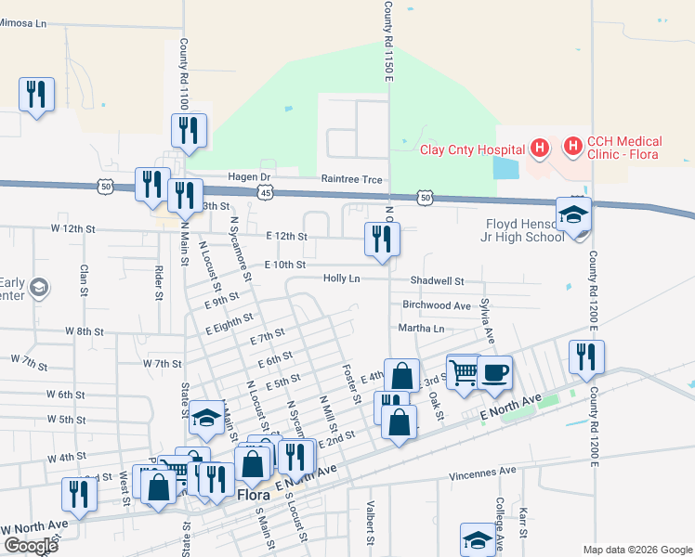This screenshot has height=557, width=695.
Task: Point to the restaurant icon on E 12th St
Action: click(x=383, y=240)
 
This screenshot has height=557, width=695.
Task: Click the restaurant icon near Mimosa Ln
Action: click(x=37, y=95)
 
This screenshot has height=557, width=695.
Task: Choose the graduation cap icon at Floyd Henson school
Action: click(x=573, y=214)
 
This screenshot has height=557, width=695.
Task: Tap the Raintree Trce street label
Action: click(x=351, y=178)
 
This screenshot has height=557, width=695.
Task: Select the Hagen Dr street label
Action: click(x=251, y=176)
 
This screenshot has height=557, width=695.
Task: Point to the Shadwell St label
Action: click(x=437, y=280)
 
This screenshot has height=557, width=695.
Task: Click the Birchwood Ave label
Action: click(x=437, y=304)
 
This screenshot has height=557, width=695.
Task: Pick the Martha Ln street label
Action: click(x=422, y=329)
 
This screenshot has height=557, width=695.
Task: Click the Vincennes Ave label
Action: click(x=482, y=471)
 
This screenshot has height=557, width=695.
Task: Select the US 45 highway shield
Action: click(x=267, y=192)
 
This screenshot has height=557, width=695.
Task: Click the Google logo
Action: click(x=31, y=546)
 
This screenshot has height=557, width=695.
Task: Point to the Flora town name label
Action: click(x=253, y=495)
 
